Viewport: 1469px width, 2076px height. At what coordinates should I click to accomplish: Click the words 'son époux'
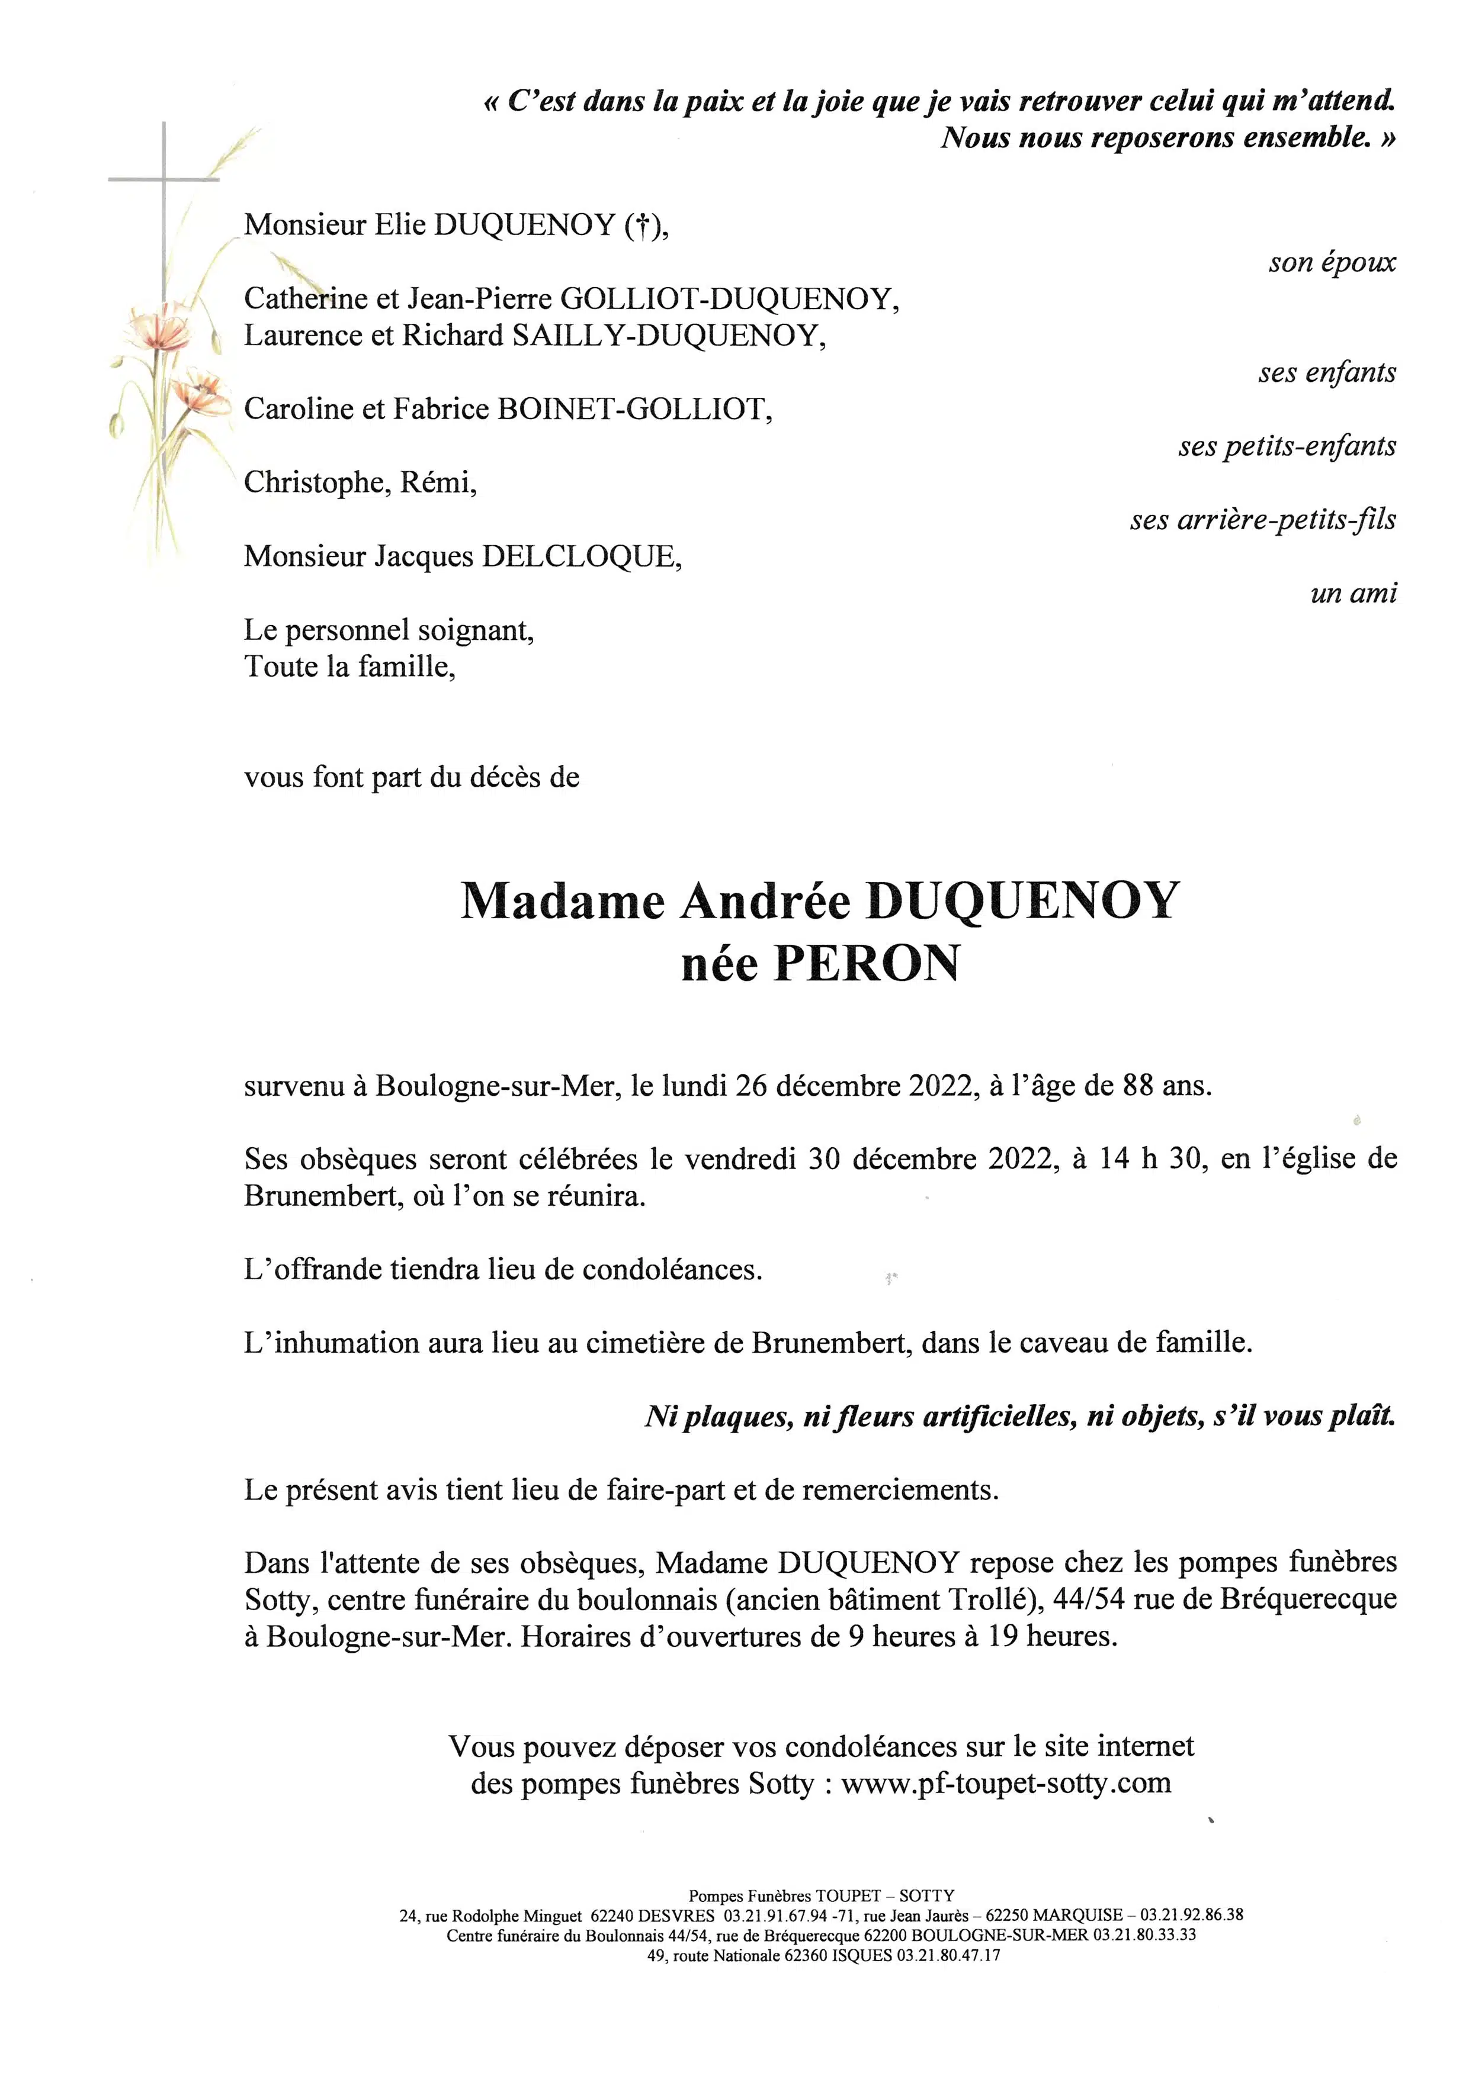point(1332,262)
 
